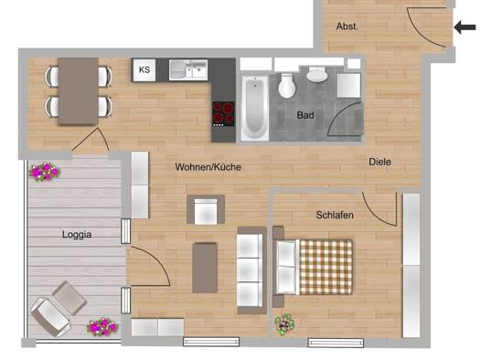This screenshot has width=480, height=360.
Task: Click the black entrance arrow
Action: [465, 27]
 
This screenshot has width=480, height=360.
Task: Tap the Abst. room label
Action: [347, 26]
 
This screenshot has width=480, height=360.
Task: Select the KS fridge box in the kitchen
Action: [144, 70]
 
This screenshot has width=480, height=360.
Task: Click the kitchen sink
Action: [188, 70]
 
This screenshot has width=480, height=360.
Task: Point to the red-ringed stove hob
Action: [224, 113]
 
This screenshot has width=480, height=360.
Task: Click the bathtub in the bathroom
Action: [255, 108]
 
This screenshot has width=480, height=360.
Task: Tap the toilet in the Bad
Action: [287, 86]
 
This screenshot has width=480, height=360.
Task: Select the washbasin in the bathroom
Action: [317, 75]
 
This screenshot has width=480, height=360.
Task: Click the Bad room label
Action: [305, 115]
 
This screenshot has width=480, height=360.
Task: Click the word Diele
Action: [380, 162]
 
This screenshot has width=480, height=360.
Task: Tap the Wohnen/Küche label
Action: [208, 167]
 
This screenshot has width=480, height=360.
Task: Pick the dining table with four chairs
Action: [79, 91]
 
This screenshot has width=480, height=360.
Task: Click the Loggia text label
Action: [77, 235]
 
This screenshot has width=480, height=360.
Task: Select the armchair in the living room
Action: [206, 209]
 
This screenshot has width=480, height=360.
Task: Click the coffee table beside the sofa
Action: [205, 268]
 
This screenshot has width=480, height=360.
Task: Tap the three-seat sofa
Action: [252, 270]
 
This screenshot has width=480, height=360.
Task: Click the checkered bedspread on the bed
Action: [326, 267]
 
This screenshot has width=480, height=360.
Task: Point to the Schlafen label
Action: [335, 215]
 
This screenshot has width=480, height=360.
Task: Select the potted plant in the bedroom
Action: [284, 325]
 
